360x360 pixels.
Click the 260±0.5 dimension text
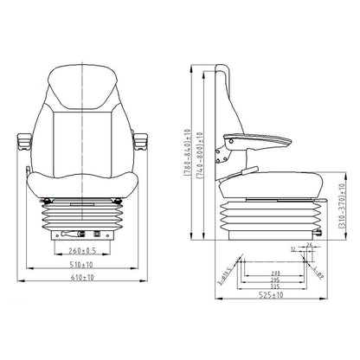80,252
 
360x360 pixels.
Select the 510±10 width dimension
81,267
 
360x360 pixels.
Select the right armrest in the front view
138,137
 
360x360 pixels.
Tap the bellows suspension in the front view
80,212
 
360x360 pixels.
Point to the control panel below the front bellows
80,235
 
